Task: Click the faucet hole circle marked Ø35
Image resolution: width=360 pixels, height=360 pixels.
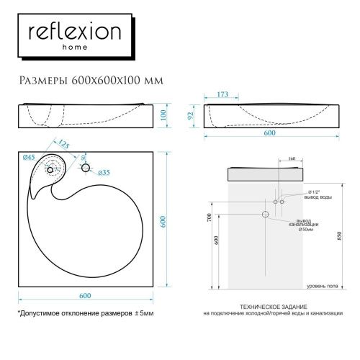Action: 86,168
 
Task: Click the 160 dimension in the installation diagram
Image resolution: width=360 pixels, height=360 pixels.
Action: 291,159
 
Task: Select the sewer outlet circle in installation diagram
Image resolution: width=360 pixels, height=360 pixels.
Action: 266,215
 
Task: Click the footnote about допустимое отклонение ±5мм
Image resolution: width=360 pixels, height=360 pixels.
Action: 86,315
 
